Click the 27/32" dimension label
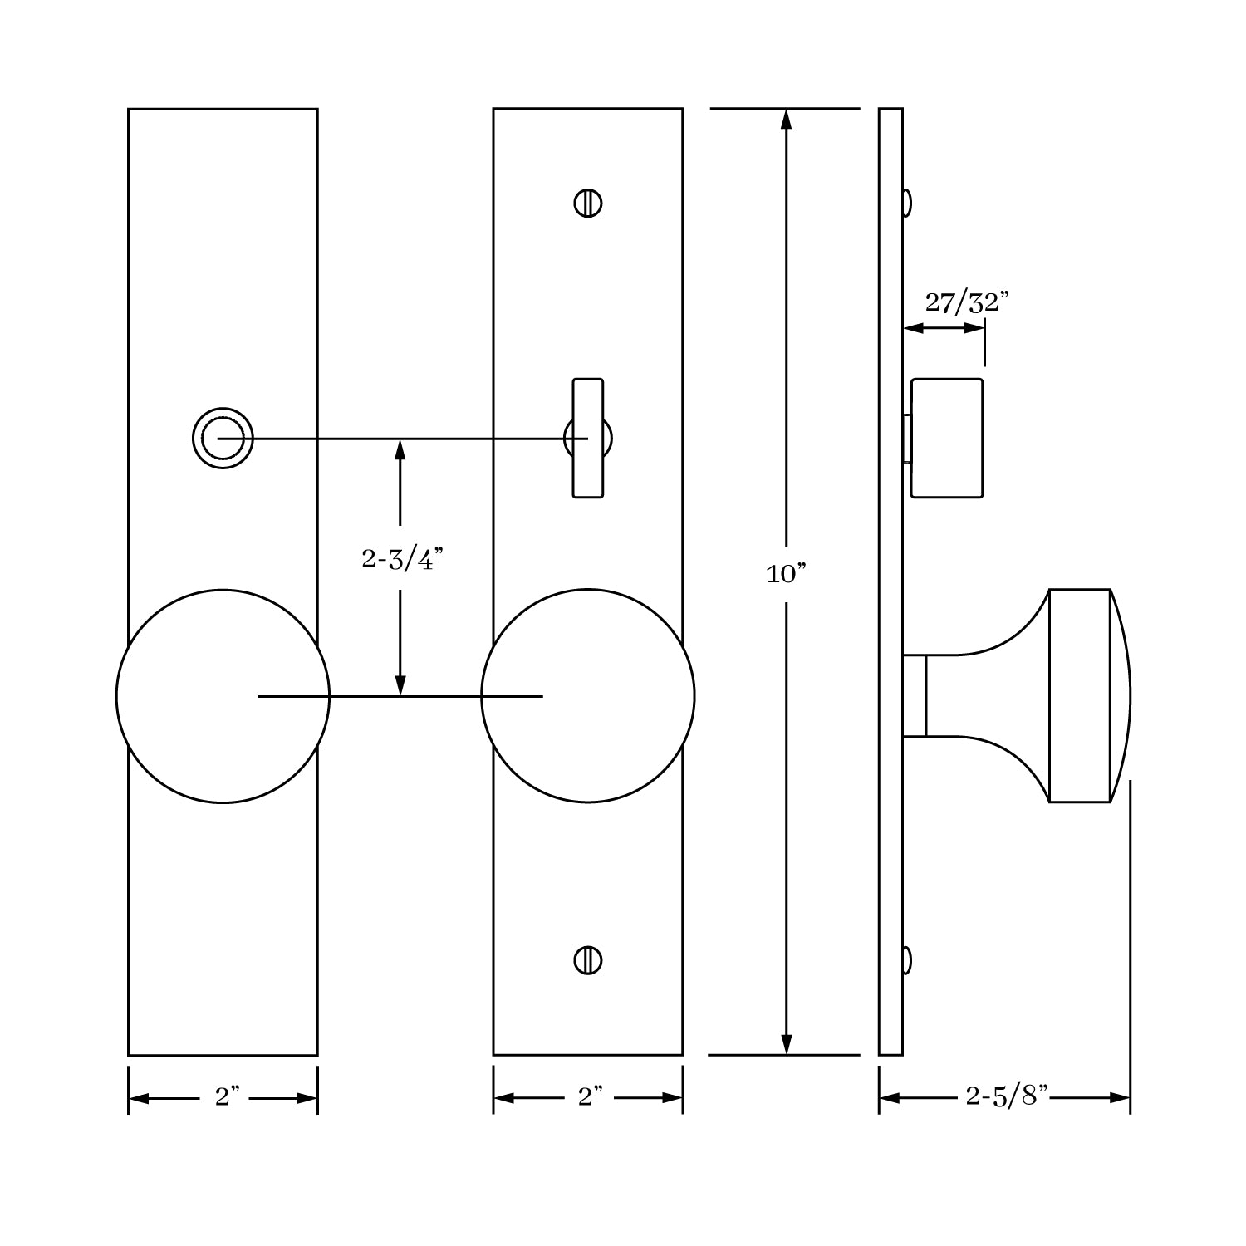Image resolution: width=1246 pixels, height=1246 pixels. (x=966, y=303)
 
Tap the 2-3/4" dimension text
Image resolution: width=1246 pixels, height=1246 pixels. (x=399, y=560)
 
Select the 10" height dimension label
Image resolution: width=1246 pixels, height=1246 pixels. (x=786, y=574)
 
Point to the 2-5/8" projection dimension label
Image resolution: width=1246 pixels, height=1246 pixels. (x=1007, y=1097)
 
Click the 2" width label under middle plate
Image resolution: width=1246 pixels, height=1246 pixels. (x=590, y=1097)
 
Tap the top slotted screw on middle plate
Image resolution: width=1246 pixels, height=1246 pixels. (x=588, y=204)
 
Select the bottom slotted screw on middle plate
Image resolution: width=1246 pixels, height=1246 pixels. (x=588, y=960)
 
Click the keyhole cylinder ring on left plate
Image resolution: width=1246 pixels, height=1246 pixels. (x=223, y=438)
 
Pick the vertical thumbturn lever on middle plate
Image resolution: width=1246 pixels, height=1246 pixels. (x=588, y=438)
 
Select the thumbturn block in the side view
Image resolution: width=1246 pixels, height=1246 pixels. (x=947, y=438)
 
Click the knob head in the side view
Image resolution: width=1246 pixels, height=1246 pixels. (x=1084, y=696)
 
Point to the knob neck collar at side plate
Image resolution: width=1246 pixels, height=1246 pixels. (x=915, y=696)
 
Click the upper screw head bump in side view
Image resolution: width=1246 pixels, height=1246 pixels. (x=906, y=203)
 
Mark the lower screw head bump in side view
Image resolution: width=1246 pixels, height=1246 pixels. (x=906, y=960)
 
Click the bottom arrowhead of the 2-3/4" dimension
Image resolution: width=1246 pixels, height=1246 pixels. (x=400, y=684)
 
